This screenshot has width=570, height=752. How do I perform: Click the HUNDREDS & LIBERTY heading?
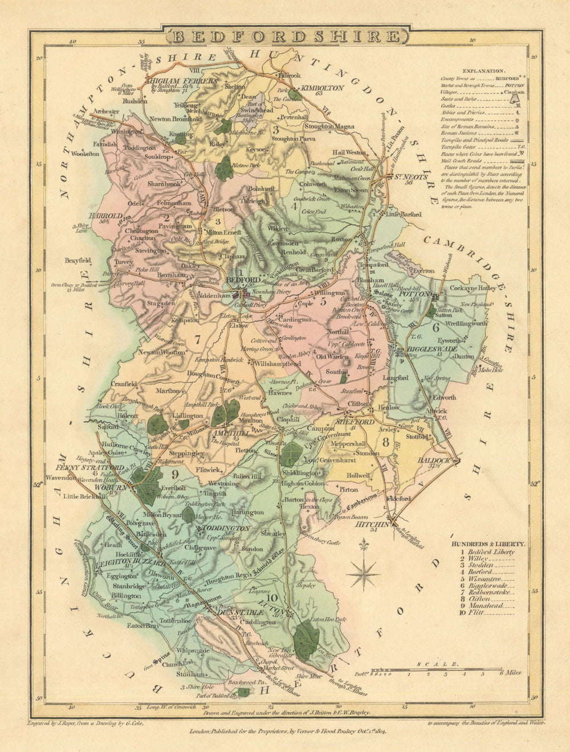point(488,545)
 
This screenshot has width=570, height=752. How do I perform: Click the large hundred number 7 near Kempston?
point(198,340)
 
